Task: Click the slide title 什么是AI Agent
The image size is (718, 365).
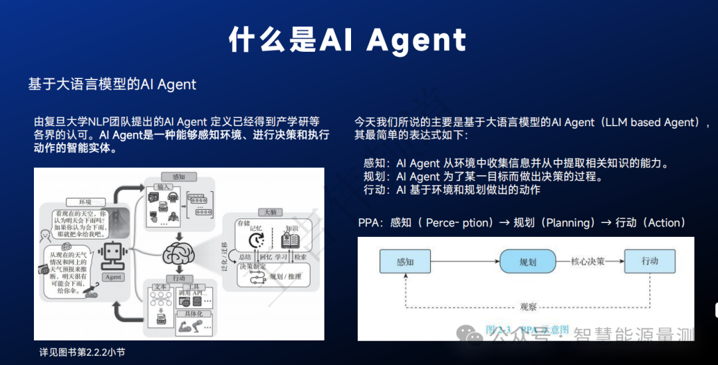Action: click(x=347, y=40)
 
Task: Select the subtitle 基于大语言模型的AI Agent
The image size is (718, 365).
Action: click(x=112, y=84)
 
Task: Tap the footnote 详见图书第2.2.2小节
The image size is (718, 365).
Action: click(x=82, y=352)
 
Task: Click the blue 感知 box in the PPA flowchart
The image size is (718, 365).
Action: click(x=405, y=261)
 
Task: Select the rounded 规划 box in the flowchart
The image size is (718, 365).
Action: click(x=528, y=261)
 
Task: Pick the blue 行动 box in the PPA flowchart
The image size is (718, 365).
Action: click(x=650, y=261)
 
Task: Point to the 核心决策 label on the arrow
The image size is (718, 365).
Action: click(x=588, y=261)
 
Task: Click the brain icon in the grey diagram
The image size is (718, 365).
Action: click(x=179, y=253)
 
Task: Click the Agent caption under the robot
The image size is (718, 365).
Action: click(x=112, y=277)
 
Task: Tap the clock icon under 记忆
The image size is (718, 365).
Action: click(x=255, y=240)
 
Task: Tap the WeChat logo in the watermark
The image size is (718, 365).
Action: click(x=474, y=336)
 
